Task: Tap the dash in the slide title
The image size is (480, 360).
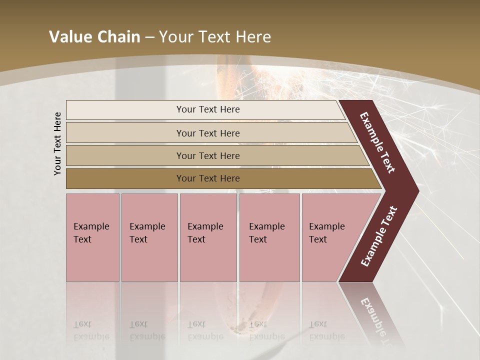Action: click(x=149, y=37)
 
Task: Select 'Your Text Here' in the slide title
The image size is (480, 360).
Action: click(x=215, y=37)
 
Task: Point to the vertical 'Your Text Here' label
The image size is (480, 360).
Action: click(x=57, y=143)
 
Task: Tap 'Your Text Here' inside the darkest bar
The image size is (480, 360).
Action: click(x=208, y=178)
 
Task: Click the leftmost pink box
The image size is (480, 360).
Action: click(x=92, y=237)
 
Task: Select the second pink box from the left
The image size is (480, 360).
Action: click(x=149, y=237)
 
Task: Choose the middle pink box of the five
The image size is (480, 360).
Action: click(x=208, y=237)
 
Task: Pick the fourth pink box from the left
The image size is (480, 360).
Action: click(x=269, y=237)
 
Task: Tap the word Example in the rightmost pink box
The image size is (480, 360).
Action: click(x=327, y=226)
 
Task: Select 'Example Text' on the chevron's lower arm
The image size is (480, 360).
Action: click(x=379, y=236)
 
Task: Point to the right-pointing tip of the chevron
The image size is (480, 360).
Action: click(x=415, y=191)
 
